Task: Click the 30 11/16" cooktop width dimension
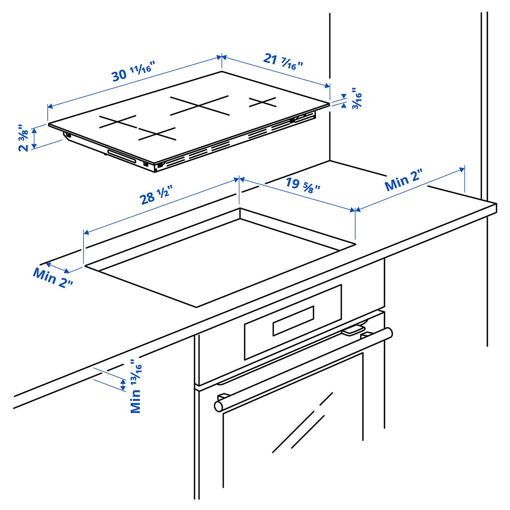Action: coord(133,71)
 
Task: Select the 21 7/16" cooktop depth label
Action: coord(283,61)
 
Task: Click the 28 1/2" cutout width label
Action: coord(156,196)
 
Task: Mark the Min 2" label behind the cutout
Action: coord(403,180)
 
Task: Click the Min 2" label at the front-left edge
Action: coord(53,278)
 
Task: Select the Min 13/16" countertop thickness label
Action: coord(136,387)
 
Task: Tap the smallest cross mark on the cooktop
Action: coord(263,102)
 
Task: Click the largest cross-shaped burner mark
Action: coord(200,106)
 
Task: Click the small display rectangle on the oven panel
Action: coord(293,321)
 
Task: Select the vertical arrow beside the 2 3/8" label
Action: coord(34,138)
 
